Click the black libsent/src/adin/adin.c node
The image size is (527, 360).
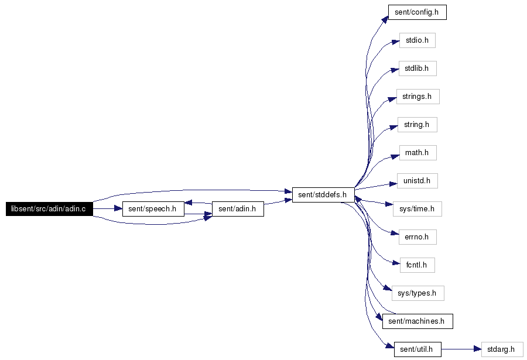[49, 209]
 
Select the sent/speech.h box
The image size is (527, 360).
[153, 209]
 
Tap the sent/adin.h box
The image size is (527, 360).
[238, 209]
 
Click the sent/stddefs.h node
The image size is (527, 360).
[323, 195]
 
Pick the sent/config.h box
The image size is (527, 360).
[418, 12]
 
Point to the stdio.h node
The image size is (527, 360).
[418, 40]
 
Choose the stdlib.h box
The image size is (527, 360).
[418, 68]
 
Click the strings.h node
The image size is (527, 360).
[418, 97]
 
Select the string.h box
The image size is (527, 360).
[418, 125]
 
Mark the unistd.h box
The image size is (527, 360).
[418, 181]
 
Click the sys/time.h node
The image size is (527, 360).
[418, 209]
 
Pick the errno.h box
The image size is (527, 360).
[418, 237]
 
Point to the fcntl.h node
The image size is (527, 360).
[418, 265]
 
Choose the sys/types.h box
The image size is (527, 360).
[418, 293]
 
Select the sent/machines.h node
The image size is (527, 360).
[418, 321]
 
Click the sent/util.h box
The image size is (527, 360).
[418, 349]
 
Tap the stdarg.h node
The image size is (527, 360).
[502, 349]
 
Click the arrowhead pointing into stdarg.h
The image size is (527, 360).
[478, 349]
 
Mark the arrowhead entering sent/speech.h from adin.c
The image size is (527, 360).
[118, 209]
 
